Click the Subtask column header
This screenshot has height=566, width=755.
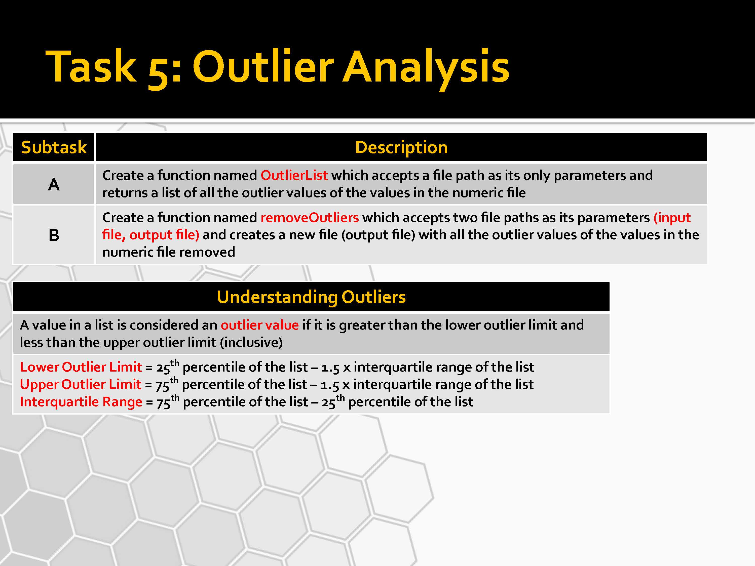(54, 147)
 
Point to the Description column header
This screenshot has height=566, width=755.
(401, 147)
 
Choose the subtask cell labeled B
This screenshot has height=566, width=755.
(54, 235)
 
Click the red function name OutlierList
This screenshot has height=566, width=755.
(294, 175)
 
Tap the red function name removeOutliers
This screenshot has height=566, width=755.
(310, 218)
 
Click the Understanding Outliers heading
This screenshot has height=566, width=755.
(311, 297)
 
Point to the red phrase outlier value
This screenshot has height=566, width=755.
(260, 325)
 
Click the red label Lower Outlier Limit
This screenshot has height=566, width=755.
(81, 367)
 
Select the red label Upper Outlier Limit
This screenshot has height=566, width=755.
(81, 384)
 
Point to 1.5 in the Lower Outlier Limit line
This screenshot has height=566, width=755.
(330, 368)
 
